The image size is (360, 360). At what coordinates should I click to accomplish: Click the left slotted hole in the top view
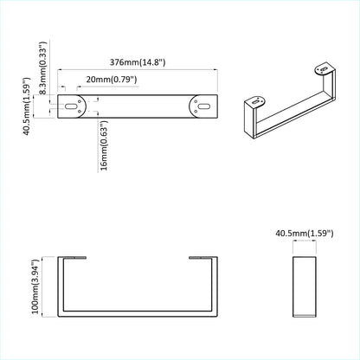69,107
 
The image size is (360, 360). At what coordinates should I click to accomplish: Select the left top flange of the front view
76,257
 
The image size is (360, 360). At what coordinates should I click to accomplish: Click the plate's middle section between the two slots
136,107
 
